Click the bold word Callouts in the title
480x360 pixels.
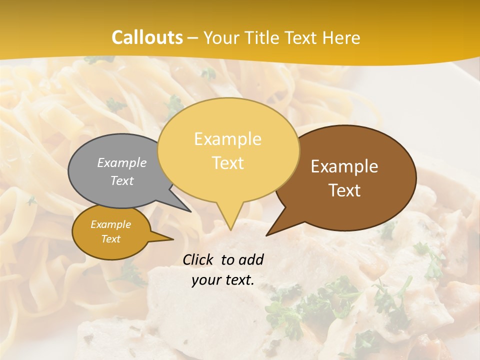[x=147, y=37]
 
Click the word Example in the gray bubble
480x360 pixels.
[x=122, y=162]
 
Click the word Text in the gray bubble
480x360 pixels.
[x=122, y=180]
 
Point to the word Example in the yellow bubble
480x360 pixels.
[x=227, y=138]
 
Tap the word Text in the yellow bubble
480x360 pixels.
[x=227, y=162]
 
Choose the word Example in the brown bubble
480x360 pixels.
[x=344, y=166]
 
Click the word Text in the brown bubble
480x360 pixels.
[x=344, y=190]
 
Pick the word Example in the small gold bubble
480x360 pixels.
[x=110, y=224]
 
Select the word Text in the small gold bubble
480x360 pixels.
[x=110, y=239]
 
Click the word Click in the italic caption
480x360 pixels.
[x=199, y=259]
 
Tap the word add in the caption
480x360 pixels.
[x=251, y=259]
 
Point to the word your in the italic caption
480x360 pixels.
[x=205, y=280]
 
